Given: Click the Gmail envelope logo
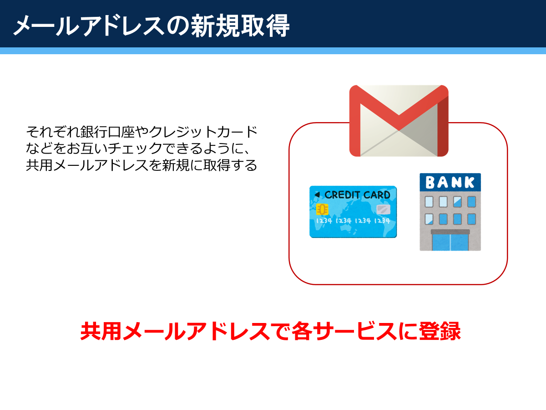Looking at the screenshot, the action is pyautogui.click(x=399, y=121).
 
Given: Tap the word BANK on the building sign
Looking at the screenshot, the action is pyautogui.click(x=450, y=182).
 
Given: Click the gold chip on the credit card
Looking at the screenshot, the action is pyautogui.click(x=322, y=210).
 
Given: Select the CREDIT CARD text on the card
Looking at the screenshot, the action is pyautogui.click(x=358, y=195).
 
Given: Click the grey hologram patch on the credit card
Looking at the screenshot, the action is pyautogui.click(x=383, y=210).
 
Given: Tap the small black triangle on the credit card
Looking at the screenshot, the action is pyautogui.click(x=317, y=195).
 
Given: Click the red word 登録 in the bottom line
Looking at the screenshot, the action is pyautogui.click(x=440, y=331).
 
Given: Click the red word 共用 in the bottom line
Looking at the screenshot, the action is pyautogui.click(x=101, y=331).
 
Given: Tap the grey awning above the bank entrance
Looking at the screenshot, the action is pyautogui.click(x=450, y=232).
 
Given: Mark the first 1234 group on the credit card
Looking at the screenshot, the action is pyautogui.click(x=324, y=221).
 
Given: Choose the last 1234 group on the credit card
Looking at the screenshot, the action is pyautogui.click(x=382, y=221).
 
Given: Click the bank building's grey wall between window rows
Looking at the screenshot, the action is pyautogui.click(x=450, y=210).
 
